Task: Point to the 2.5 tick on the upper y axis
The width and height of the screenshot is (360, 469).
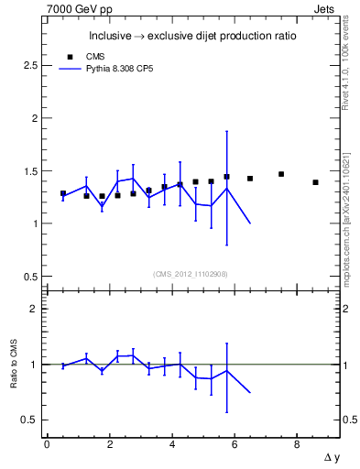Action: point(29,66)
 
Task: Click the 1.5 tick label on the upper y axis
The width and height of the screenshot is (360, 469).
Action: point(29,171)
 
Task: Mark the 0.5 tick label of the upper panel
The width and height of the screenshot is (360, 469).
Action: point(29,277)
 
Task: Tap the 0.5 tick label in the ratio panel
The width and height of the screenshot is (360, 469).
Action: point(29,420)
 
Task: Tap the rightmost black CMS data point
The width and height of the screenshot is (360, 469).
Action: point(315,182)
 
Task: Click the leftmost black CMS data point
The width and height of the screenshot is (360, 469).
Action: point(63,194)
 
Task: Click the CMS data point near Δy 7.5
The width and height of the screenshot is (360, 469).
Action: point(281,174)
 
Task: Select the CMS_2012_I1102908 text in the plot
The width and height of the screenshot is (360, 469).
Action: point(191,274)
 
